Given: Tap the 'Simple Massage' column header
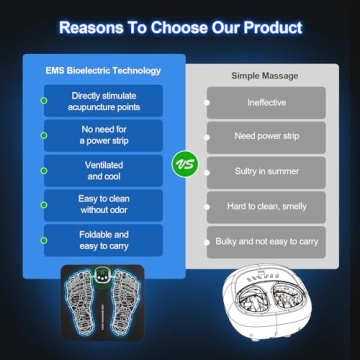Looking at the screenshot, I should click(x=266, y=75).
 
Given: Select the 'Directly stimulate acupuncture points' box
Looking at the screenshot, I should click(x=100, y=102).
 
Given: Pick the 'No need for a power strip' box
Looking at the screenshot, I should click(x=100, y=135).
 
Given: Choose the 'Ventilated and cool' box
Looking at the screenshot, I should click(x=100, y=170).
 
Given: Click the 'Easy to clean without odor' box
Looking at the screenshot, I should click(x=100, y=205).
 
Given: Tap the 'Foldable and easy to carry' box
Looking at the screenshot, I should click(x=100, y=240).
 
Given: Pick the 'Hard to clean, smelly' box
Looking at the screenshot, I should click(x=266, y=207).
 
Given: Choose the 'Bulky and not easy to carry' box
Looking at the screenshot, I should click(x=266, y=242).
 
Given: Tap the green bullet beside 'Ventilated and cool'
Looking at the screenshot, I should click(x=43, y=170).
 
